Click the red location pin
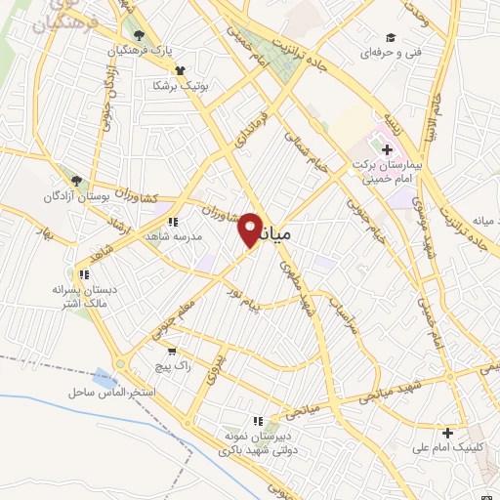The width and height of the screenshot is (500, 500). (250, 229)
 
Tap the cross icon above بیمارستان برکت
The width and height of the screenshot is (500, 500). (388, 149)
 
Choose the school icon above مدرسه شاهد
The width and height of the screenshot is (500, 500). (173, 221)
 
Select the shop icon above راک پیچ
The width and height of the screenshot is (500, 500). (172, 352)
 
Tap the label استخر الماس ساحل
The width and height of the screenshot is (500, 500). (112, 392)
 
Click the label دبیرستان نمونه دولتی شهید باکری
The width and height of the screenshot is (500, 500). (257, 441)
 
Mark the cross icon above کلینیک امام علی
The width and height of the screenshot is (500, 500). (447, 432)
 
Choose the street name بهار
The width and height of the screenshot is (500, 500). (42, 233)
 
